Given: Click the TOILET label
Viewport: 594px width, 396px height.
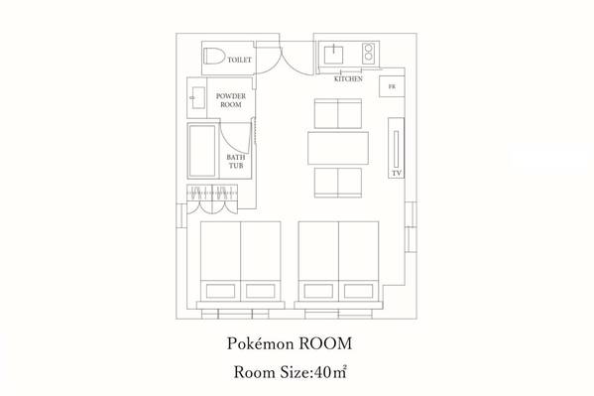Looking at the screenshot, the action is pos(239,60).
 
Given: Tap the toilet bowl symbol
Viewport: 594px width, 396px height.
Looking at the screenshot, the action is pos(214,57).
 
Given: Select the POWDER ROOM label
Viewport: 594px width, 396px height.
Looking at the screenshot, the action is pos(231,100).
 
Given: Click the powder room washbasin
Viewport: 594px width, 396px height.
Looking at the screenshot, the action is pos(198,98).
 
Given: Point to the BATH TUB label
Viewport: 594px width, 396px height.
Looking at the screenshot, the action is pos(236,161).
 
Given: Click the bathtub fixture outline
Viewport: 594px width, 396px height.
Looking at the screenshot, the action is pos(202,151).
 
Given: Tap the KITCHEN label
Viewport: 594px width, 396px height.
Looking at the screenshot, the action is pos(348,78).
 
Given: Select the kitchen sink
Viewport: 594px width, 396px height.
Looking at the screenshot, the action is pos(334,55).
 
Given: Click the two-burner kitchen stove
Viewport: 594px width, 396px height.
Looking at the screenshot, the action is pos(369,54).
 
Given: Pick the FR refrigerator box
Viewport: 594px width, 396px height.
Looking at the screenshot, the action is pos(392,86).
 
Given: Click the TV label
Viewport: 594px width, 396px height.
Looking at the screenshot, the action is pos(397,173).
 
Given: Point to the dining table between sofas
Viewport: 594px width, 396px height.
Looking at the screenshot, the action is pos(338,148).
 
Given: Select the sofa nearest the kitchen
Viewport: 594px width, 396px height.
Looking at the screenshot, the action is pos(338,114).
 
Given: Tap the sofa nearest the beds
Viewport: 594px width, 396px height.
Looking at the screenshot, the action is pos(338,183).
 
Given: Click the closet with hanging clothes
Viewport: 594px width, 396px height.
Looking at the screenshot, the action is pos(212,198).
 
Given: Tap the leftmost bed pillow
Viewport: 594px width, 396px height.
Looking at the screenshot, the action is pos(220,292).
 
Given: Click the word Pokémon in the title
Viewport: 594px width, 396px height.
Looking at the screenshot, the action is pos(261,343).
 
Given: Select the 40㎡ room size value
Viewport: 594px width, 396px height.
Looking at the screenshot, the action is pos(330,372).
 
